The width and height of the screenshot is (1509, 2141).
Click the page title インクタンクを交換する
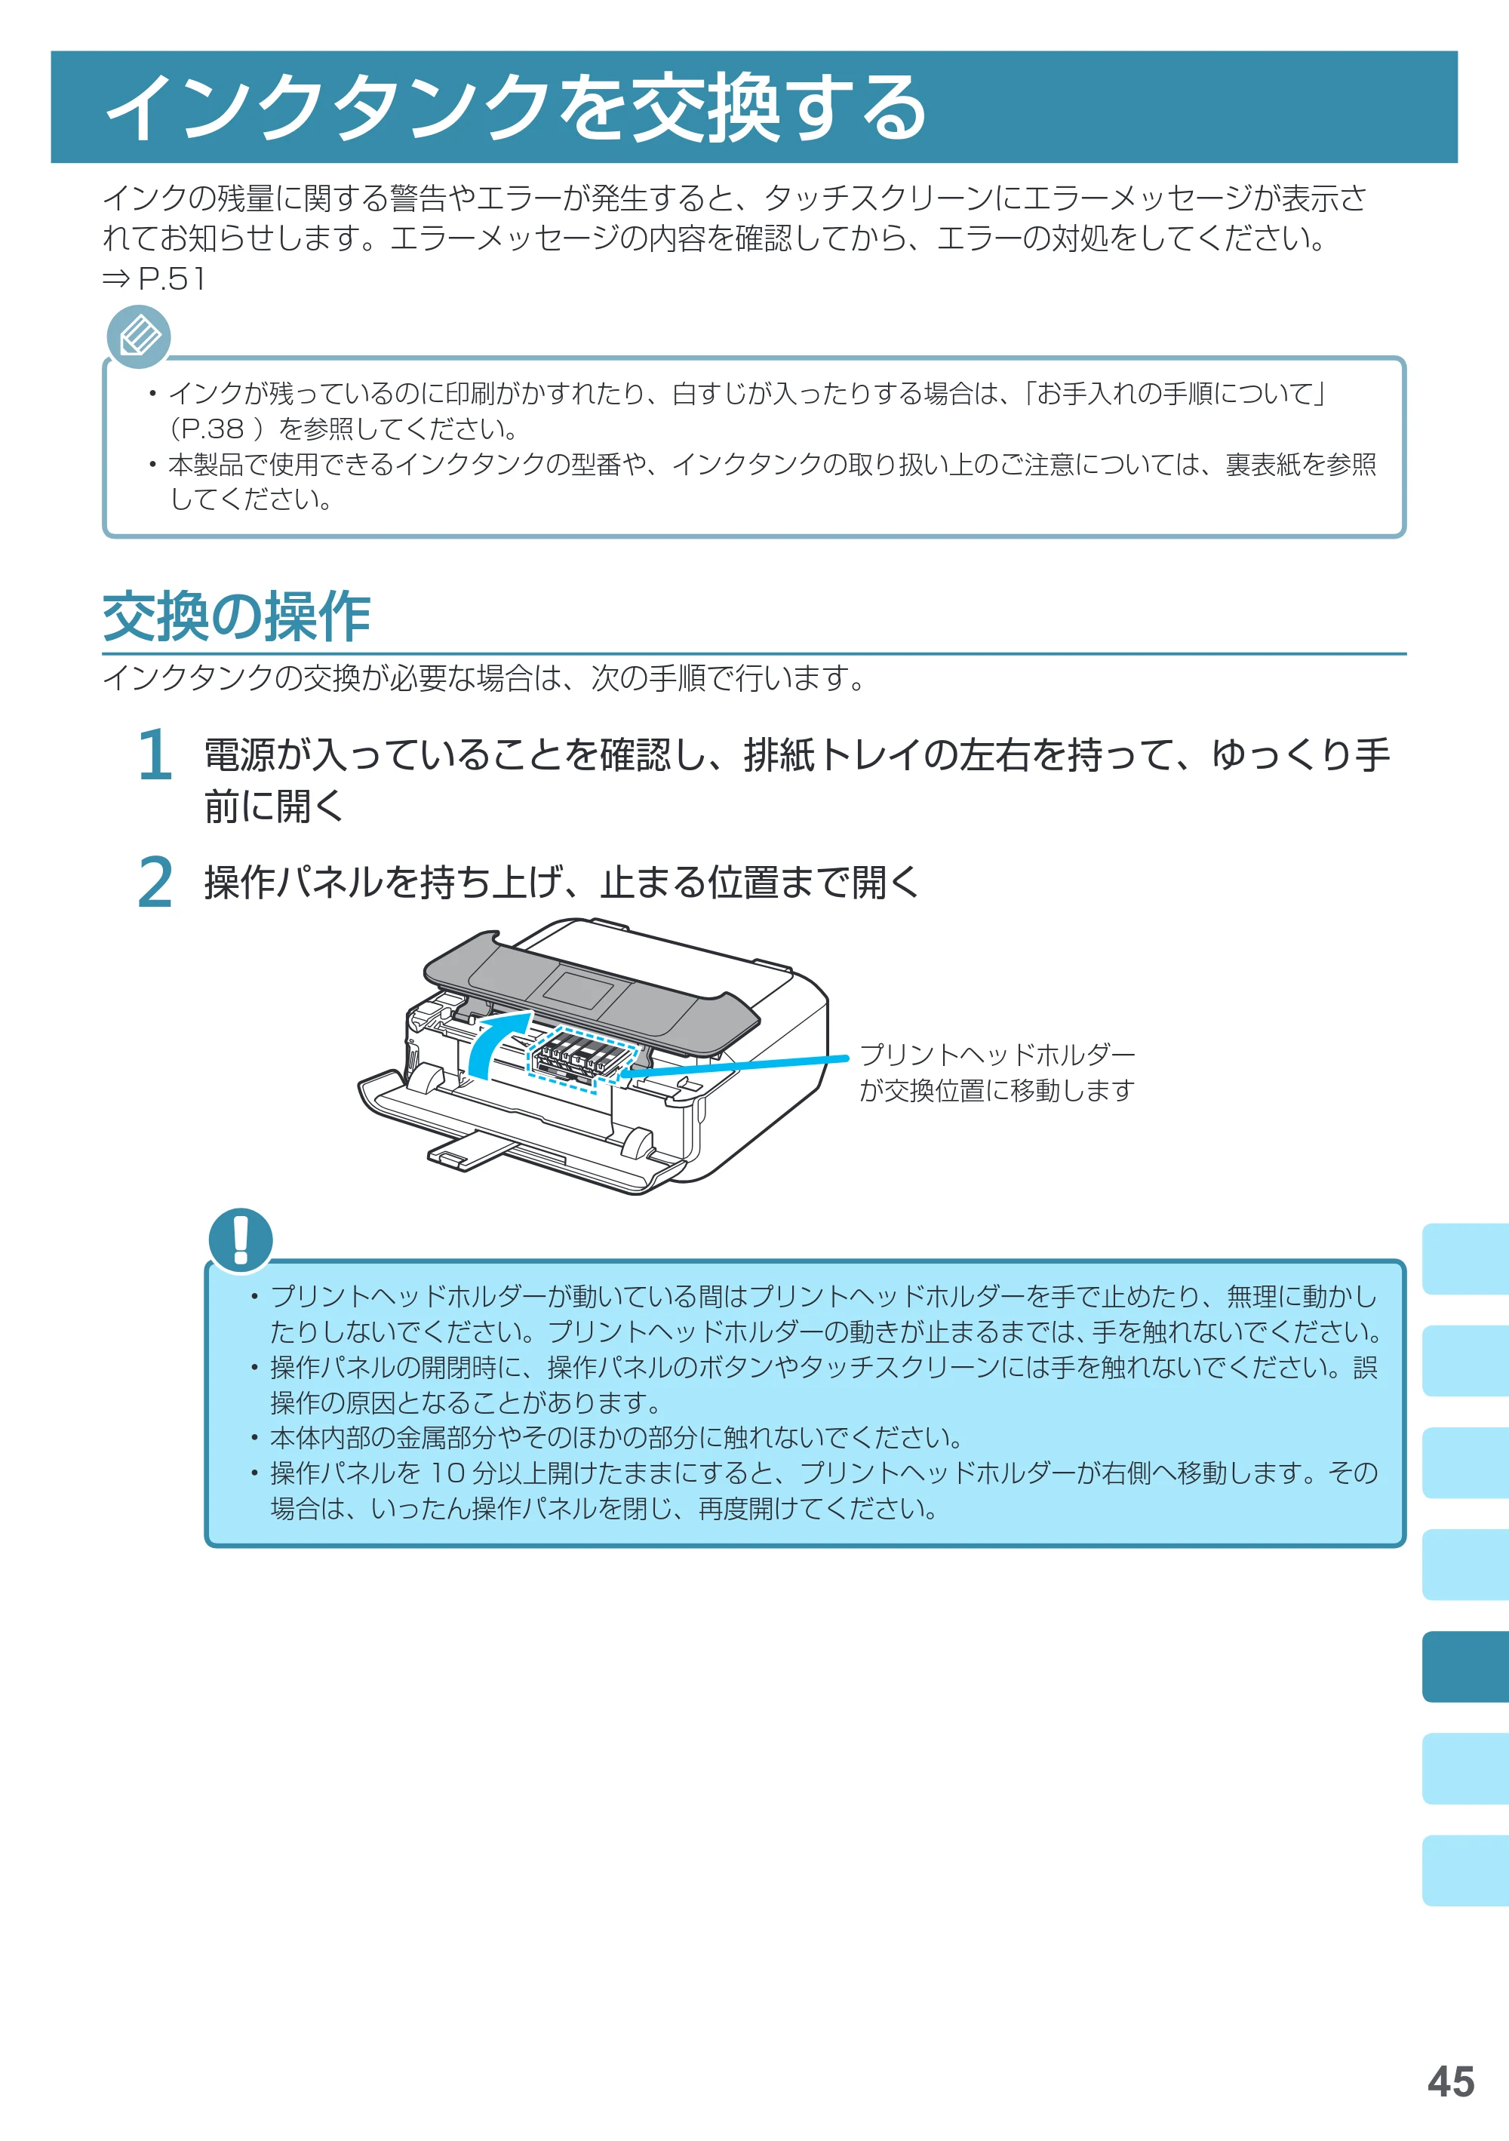click(x=516, y=107)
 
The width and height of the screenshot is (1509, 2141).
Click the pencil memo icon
click(x=139, y=336)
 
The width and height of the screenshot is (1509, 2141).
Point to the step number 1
click(x=155, y=754)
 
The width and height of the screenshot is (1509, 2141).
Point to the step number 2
click(x=155, y=882)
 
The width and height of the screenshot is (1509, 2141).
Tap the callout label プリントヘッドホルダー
click(x=997, y=1055)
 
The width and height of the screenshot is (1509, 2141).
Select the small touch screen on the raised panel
click(x=577, y=988)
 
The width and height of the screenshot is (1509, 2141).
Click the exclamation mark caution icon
click(x=241, y=1239)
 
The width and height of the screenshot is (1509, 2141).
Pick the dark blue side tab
click(x=1465, y=1666)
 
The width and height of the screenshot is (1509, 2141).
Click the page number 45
click(x=1450, y=2081)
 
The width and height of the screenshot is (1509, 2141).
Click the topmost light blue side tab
click(x=1465, y=1259)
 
